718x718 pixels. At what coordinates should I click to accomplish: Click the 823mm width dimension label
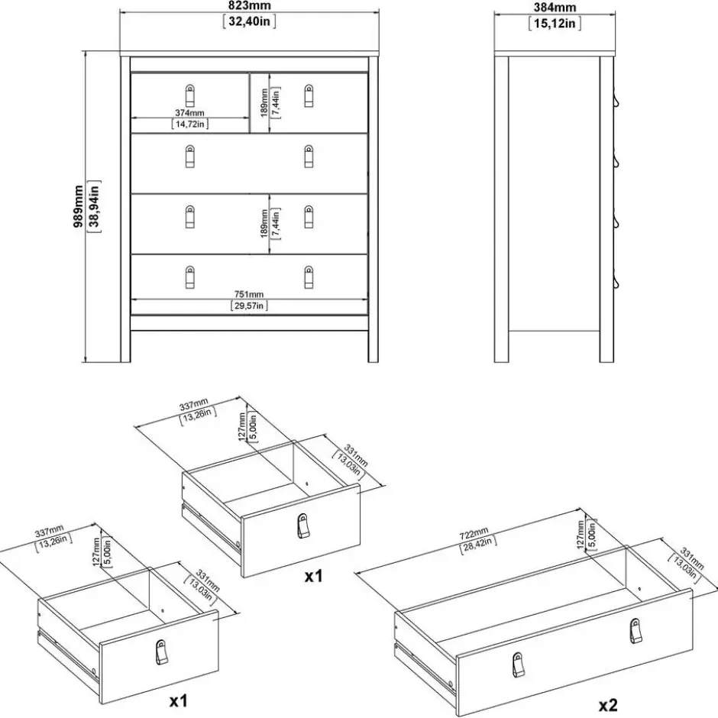point(250,5)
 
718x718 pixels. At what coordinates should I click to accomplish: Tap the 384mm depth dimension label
point(555,8)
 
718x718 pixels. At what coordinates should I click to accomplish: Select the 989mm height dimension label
point(79,206)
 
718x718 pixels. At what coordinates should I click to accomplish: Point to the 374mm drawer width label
point(190,112)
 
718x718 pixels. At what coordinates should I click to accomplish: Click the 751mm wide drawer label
point(249,294)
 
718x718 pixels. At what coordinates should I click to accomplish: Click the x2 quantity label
point(609,706)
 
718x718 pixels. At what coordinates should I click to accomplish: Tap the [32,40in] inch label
point(250,21)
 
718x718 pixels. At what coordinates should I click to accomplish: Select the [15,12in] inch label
point(555,23)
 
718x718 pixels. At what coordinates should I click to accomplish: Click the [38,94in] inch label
point(94,206)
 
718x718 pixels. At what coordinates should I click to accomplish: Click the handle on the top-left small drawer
point(190,95)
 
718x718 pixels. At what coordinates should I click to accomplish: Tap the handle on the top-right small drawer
point(309,95)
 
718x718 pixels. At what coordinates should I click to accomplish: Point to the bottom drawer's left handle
point(190,277)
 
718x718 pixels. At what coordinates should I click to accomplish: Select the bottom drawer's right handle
point(309,277)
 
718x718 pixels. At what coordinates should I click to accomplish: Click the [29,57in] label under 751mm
point(249,306)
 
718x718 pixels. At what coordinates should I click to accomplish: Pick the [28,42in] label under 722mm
point(478,545)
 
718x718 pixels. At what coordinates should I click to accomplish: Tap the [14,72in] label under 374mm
point(190,124)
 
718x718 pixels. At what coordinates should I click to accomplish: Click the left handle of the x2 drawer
point(518,665)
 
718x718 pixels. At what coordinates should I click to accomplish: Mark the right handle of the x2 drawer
point(636,630)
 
